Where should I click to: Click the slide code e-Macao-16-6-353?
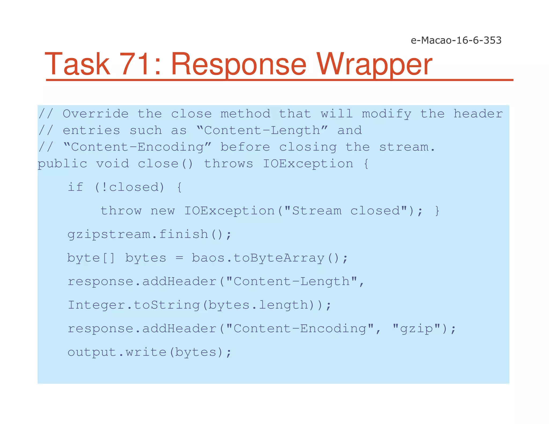tap(456, 40)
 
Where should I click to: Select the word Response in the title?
tap(239, 64)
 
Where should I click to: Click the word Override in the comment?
tap(96, 114)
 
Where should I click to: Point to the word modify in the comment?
tap(387, 114)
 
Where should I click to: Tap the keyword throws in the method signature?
tap(229, 164)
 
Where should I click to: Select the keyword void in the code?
tap(113, 164)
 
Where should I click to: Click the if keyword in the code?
tap(75, 187)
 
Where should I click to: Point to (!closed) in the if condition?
tap(129, 187)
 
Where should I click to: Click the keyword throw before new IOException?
tap(121, 211)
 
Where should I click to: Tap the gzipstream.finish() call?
tap(149, 235)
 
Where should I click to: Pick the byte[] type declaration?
tap(91, 258)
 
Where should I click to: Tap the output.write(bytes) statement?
tap(149, 352)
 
